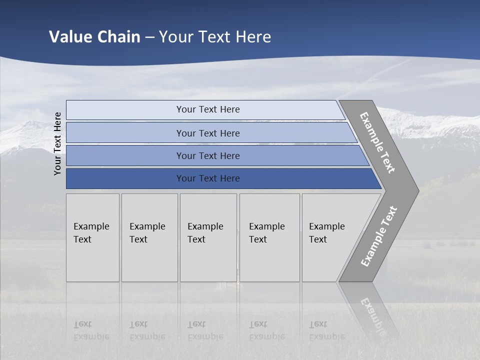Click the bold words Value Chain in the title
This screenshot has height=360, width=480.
pos(94,37)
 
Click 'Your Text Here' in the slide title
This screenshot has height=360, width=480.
pos(215,37)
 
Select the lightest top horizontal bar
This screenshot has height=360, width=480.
pos(125,110)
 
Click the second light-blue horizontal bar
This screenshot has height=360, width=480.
pos(125,133)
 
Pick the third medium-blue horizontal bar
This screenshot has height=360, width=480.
pos(125,156)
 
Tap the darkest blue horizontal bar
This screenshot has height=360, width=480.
pos(125,178)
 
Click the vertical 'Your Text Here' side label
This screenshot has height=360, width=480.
pos(57,143)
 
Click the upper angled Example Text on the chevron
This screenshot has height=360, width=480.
pos(377,142)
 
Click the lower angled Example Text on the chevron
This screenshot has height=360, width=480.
pos(379,236)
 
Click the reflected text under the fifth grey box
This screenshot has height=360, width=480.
pos(326,330)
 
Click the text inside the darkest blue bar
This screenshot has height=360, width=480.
pos(208,178)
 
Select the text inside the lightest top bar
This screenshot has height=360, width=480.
pos(208,109)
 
